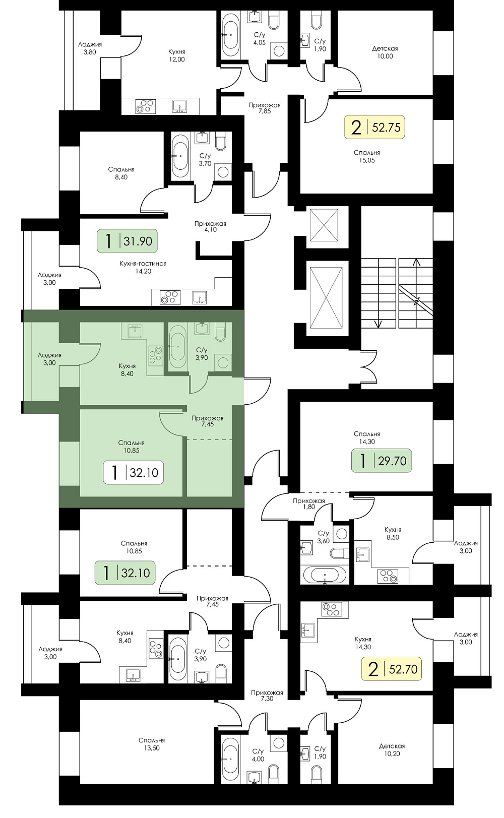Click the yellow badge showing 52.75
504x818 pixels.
374,127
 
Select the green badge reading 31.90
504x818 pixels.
127,241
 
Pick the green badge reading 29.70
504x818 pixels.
382,461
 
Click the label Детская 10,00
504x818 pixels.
385,52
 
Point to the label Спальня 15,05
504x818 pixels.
367,156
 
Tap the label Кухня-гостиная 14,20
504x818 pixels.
143,267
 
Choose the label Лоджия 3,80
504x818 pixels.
90,48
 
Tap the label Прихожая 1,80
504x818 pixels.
308,504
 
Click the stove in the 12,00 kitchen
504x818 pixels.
144,106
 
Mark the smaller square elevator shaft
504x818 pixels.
324,225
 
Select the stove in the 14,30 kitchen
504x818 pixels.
332,609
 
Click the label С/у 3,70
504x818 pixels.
205,160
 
